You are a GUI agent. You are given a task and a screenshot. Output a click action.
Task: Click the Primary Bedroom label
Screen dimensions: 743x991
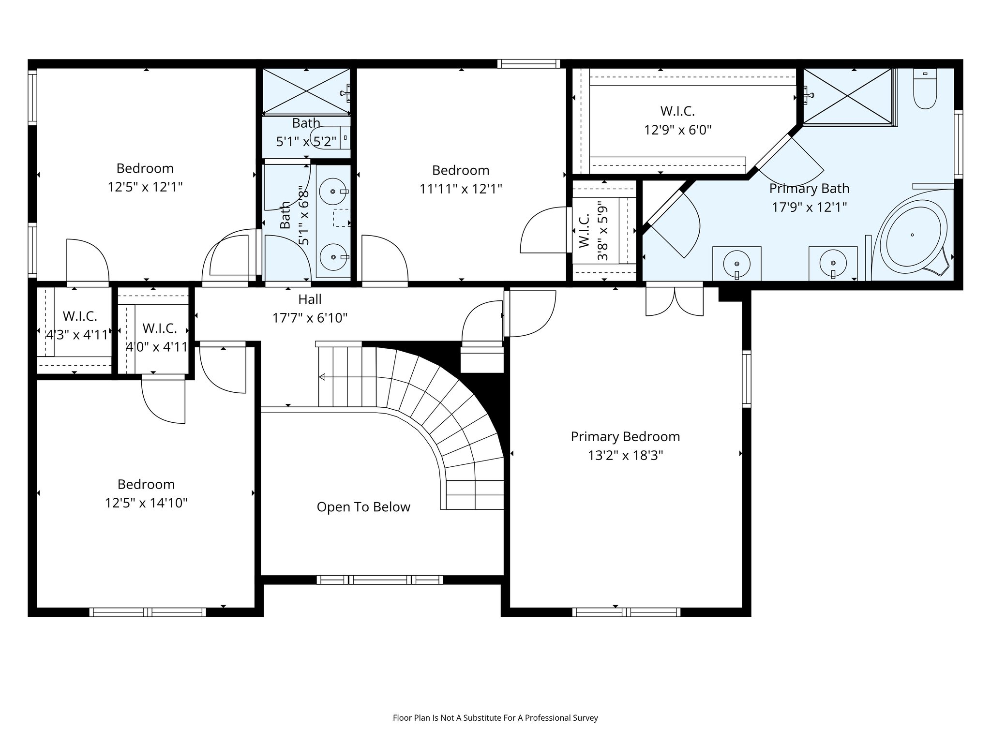(625, 436)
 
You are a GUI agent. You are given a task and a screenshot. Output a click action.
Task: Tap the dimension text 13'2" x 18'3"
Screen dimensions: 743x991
(625, 456)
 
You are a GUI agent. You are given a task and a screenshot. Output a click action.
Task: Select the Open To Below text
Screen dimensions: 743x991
(363, 507)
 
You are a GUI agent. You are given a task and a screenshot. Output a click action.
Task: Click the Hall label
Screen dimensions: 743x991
(310, 299)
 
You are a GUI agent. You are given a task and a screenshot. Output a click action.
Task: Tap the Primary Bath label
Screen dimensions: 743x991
(809, 188)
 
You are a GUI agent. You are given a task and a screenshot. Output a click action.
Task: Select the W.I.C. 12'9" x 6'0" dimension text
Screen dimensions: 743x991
(677, 130)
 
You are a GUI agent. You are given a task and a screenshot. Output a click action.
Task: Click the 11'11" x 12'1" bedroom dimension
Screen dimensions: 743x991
(461, 189)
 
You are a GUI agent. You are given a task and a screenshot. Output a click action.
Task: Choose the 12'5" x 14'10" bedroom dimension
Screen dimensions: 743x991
(146, 503)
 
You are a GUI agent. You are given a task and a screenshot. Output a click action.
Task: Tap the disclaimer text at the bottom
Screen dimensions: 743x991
(495, 718)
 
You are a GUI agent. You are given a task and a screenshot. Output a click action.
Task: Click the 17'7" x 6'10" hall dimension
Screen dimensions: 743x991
(310, 318)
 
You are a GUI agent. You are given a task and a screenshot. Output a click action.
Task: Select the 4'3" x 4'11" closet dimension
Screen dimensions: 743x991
(77, 335)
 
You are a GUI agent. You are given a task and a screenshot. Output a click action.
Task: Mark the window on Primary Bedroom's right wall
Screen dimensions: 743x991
(746, 379)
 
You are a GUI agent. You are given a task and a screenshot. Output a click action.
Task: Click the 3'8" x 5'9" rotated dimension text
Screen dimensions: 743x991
(603, 231)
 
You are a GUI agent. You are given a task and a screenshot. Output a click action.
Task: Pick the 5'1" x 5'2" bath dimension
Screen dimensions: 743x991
(306, 142)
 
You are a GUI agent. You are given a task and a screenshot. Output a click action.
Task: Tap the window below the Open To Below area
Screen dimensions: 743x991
(380, 580)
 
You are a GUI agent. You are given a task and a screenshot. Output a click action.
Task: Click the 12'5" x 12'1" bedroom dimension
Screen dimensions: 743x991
(145, 187)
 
